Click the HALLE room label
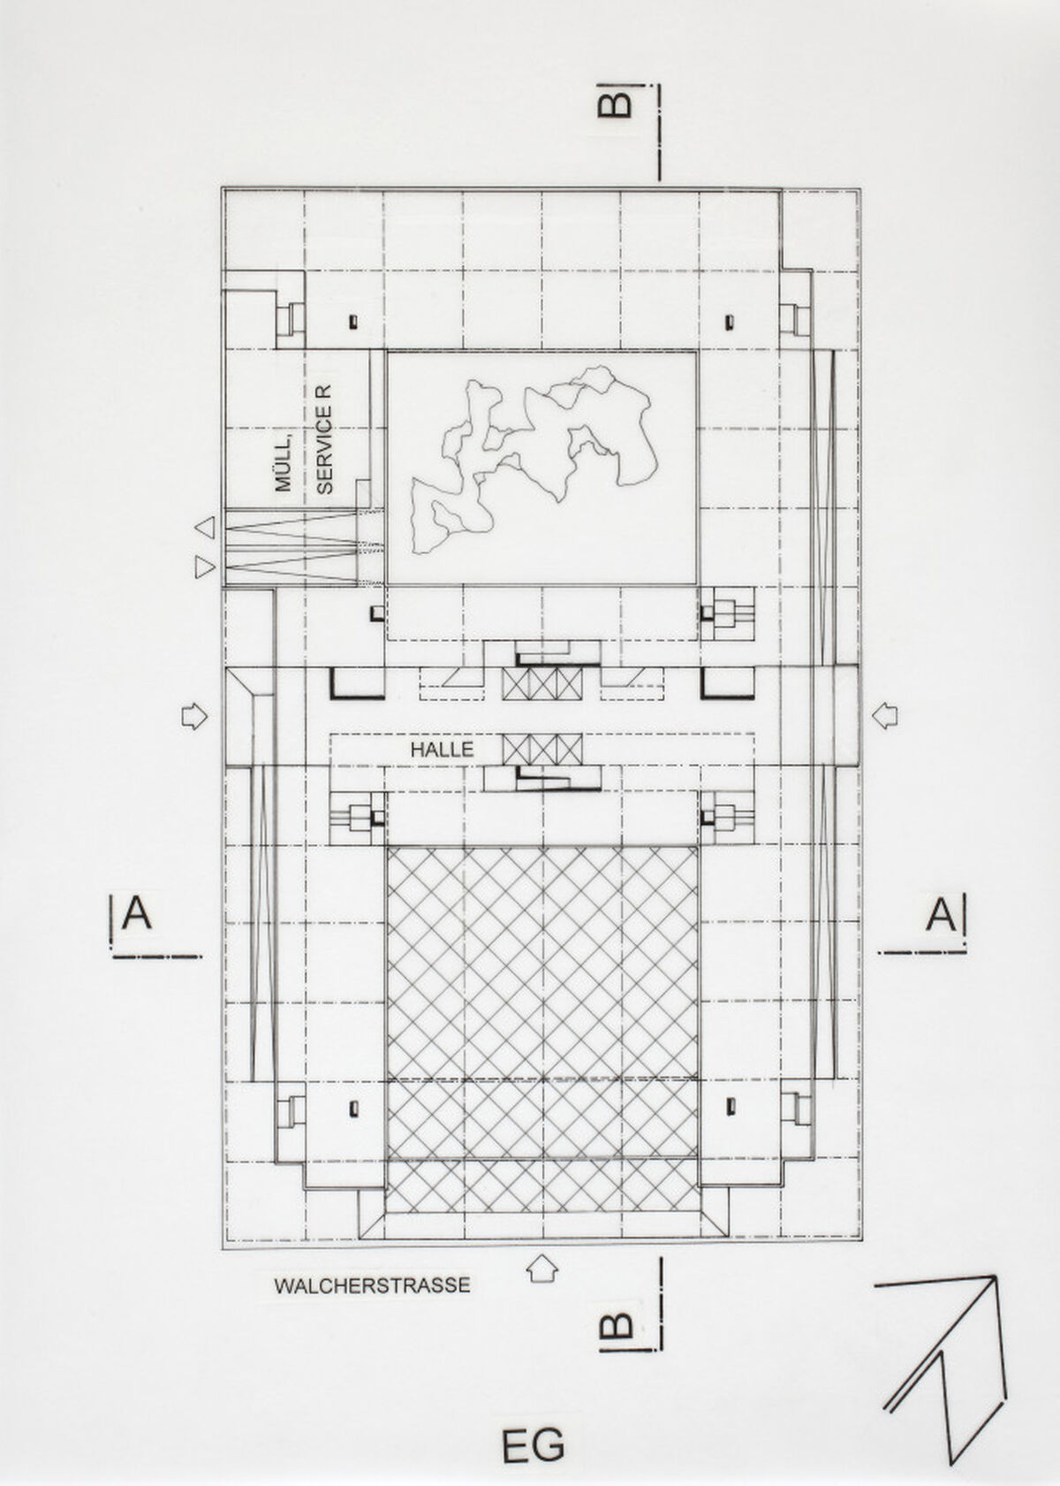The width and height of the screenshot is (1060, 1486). click(443, 751)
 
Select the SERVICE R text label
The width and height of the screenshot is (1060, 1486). click(324, 439)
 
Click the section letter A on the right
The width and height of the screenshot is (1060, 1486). click(942, 916)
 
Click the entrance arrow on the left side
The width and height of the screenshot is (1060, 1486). click(194, 716)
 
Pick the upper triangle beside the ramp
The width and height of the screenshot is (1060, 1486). click(205, 528)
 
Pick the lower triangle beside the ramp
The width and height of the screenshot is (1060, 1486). click(205, 568)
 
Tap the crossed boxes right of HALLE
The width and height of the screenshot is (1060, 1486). click(542, 749)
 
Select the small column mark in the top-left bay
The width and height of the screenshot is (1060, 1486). click(353, 323)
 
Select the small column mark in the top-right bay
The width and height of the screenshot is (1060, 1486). click(730, 322)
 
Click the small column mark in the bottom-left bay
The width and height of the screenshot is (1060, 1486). click(353, 1108)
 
